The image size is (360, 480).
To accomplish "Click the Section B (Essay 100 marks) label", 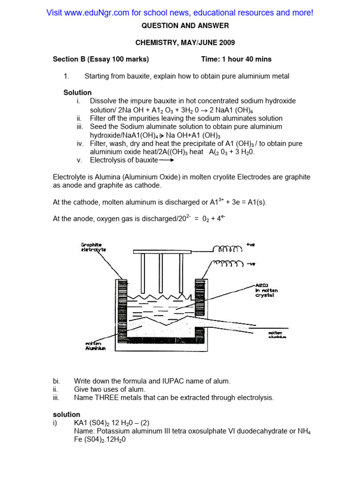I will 101,59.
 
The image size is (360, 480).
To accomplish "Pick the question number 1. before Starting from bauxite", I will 66,76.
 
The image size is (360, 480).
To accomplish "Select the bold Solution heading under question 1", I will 77,92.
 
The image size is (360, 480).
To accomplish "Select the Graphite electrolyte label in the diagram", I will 93,247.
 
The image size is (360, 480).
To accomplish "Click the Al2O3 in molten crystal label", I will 266,290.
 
